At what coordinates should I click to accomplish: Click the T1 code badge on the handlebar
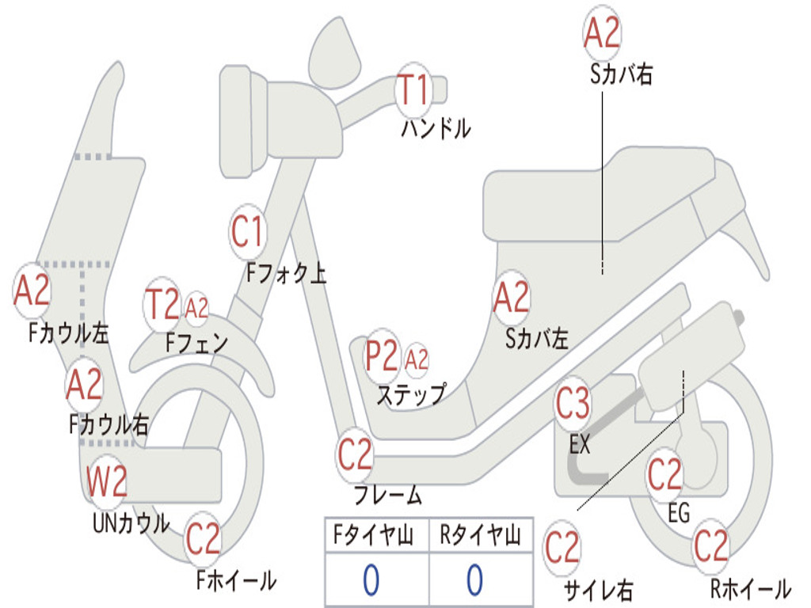click(412, 89)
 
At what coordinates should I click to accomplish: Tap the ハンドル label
click(435, 128)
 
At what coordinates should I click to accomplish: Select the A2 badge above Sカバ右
click(601, 33)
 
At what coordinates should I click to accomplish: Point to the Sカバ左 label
click(537, 339)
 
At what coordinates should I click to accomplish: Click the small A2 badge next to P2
click(417, 360)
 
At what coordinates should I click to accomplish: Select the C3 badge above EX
click(573, 404)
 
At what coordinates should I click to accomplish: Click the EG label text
click(679, 513)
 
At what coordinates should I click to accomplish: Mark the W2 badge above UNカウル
click(107, 482)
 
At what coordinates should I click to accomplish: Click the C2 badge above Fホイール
click(203, 539)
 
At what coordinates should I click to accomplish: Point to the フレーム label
click(387, 496)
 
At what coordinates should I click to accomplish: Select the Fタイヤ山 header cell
click(376, 537)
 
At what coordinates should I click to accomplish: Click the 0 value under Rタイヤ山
click(474, 579)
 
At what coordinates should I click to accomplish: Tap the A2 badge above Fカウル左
click(32, 291)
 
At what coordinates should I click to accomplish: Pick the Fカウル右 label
click(109, 425)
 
